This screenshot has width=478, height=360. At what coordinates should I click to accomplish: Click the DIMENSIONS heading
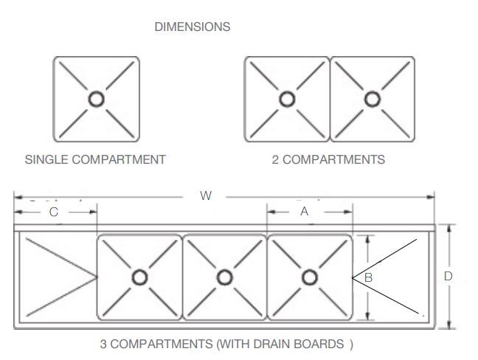click(x=192, y=27)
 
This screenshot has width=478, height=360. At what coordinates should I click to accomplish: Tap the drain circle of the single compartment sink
click(x=96, y=99)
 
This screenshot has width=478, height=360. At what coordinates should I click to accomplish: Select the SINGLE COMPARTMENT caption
click(x=95, y=159)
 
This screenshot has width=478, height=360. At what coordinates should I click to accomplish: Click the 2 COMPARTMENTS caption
click(x=328, y=159)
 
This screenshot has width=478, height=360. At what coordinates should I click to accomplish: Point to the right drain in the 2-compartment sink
click(x=372, y=99)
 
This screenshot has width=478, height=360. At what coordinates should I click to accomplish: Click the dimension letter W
click(x=206, y=195)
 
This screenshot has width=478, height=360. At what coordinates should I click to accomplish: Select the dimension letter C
click(x=53, y=212)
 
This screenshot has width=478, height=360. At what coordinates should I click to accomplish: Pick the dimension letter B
click(x=368, y=277)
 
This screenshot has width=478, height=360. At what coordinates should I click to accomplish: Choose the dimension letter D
click(x=448, y=277)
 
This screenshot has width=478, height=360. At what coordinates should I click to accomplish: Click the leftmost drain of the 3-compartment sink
click(x=139, y=277)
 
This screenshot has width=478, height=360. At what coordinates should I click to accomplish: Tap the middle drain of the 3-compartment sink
click(x=224, y=277)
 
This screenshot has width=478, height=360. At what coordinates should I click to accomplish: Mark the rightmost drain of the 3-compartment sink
click(x=310, y=277)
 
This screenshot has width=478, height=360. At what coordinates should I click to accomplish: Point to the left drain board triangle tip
click(x=97, y=277)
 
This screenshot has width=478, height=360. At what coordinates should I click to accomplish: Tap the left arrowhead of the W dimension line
click(x=16, y=196)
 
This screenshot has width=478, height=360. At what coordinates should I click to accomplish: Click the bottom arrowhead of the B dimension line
click(x=368, y=318)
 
